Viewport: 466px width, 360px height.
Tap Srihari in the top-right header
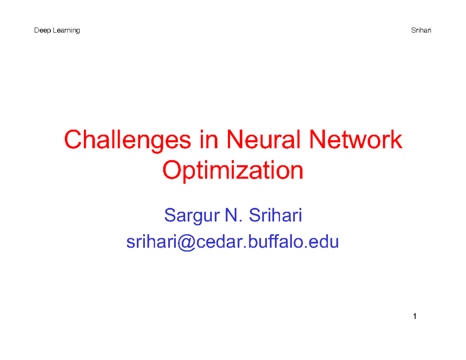tap(421, 31)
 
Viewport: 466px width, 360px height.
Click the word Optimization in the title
tap(233, 171)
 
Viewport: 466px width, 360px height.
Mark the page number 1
tap(415, 317)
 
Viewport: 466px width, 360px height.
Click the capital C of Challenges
tap(73, 141)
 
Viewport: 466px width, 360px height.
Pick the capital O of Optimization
tap(172, 171)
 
